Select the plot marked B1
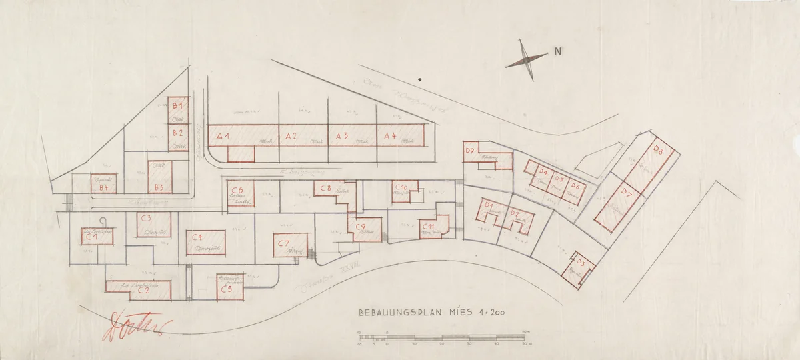177,105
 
